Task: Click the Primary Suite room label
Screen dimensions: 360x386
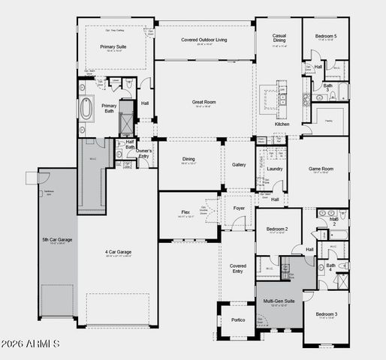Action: coord(113,46)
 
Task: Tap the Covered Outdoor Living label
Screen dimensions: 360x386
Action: coord(204,40)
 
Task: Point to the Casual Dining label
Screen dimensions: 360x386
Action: coord(279,38)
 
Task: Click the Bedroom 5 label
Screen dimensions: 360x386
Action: coord(325,35)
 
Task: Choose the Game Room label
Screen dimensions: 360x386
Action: coord(321,169)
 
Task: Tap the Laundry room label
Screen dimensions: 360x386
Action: coord(275,169)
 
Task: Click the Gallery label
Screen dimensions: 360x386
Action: coord(239,164)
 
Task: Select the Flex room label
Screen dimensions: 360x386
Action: coord(185,212)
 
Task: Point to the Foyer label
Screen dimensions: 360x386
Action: coord(239,208)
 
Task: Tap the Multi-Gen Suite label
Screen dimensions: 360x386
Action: coord(279,300)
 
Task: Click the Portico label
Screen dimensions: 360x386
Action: coord(238,319)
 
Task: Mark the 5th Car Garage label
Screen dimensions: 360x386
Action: coord(57,240)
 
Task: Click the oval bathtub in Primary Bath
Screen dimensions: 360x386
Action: coord(89,109)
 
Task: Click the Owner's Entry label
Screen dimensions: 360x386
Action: coord(143,153)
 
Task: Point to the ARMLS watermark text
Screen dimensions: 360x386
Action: coord(31,343)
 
